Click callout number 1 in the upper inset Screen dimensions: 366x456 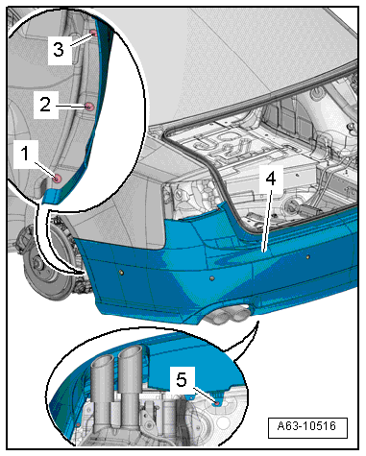[x=25, y=154]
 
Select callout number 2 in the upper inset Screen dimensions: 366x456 [x=45, y=105]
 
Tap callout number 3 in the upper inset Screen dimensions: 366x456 [x=59, y=50]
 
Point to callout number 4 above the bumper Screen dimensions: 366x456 [x=271, y=180]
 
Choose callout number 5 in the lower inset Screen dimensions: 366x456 [x=182, y=380]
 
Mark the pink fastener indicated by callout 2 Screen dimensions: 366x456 [x=88, y=107]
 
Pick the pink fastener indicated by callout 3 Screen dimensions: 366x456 [x=93, y=33]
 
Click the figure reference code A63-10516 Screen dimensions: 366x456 [x=306, y=426]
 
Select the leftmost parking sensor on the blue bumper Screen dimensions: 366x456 [x=122, y=272]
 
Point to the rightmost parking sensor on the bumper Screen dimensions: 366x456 [x=307, y=256]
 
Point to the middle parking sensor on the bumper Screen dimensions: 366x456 [x=211, y=278]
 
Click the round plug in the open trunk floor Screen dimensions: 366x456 [x=292, y=204]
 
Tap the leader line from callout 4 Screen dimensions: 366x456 [x=267, y=220]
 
